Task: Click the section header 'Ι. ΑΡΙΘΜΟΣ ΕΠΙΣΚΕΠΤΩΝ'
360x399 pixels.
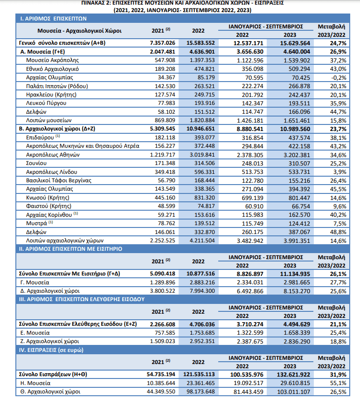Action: (x=53, y=19)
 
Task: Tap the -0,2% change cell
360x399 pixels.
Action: (x=338, y=78)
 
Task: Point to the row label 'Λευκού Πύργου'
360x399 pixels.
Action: (x=46, y=103)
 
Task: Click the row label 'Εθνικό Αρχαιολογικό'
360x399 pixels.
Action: (x=52, y=69)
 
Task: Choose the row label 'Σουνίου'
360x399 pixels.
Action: (x=36, y=163)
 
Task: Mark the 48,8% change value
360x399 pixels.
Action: (x=338, y=232)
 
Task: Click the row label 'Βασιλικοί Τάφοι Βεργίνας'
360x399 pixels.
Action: (x=59, y=180)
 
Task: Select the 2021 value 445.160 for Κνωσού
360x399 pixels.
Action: (x=165, y=198)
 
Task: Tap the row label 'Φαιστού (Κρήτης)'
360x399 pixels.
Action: (x=48, y=206)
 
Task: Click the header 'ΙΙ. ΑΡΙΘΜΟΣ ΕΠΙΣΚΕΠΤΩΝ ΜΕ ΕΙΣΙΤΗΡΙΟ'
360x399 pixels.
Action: (x=70, y=249)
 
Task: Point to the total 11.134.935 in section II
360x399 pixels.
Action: (x=295, y=274)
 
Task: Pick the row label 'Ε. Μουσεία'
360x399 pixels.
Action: (x=35, y=333)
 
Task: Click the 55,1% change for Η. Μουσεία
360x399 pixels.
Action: (x=338, y=383)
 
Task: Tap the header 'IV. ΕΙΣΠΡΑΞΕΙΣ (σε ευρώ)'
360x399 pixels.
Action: (x=51, y=350)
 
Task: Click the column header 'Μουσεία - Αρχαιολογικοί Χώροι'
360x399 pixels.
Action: (x=79, y=31)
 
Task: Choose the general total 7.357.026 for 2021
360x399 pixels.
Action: (x=162, y=43)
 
